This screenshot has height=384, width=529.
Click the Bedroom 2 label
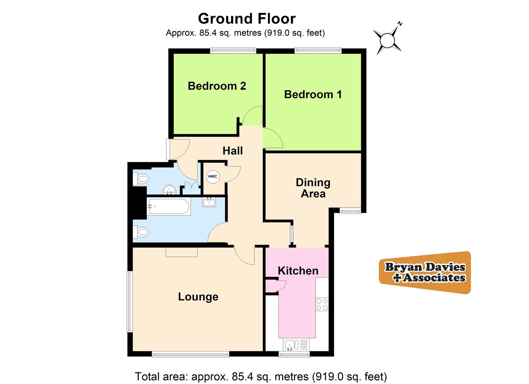tap(217, 86)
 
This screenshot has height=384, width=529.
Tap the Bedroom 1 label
tap(313, 95)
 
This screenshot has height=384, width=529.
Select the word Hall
tap(233, 151)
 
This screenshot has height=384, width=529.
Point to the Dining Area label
tap(313, 188)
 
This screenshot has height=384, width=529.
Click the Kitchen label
tap(298, 271)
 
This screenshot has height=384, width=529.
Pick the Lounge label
tap(198, 297)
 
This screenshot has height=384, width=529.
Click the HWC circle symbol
tap(213, 177)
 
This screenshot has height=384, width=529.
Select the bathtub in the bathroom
tap(169, 206)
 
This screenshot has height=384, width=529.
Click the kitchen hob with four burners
tap(322, 304)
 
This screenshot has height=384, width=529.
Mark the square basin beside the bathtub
tap(209, 202)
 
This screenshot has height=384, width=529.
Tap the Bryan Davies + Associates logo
tap(425, 272)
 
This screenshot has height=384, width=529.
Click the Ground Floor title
tap(247, 18)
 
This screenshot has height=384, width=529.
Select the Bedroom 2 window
tap(233, 51)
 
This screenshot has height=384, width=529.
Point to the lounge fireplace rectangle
tap(181, 252)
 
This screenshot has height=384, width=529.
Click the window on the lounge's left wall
tap(130, 302)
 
